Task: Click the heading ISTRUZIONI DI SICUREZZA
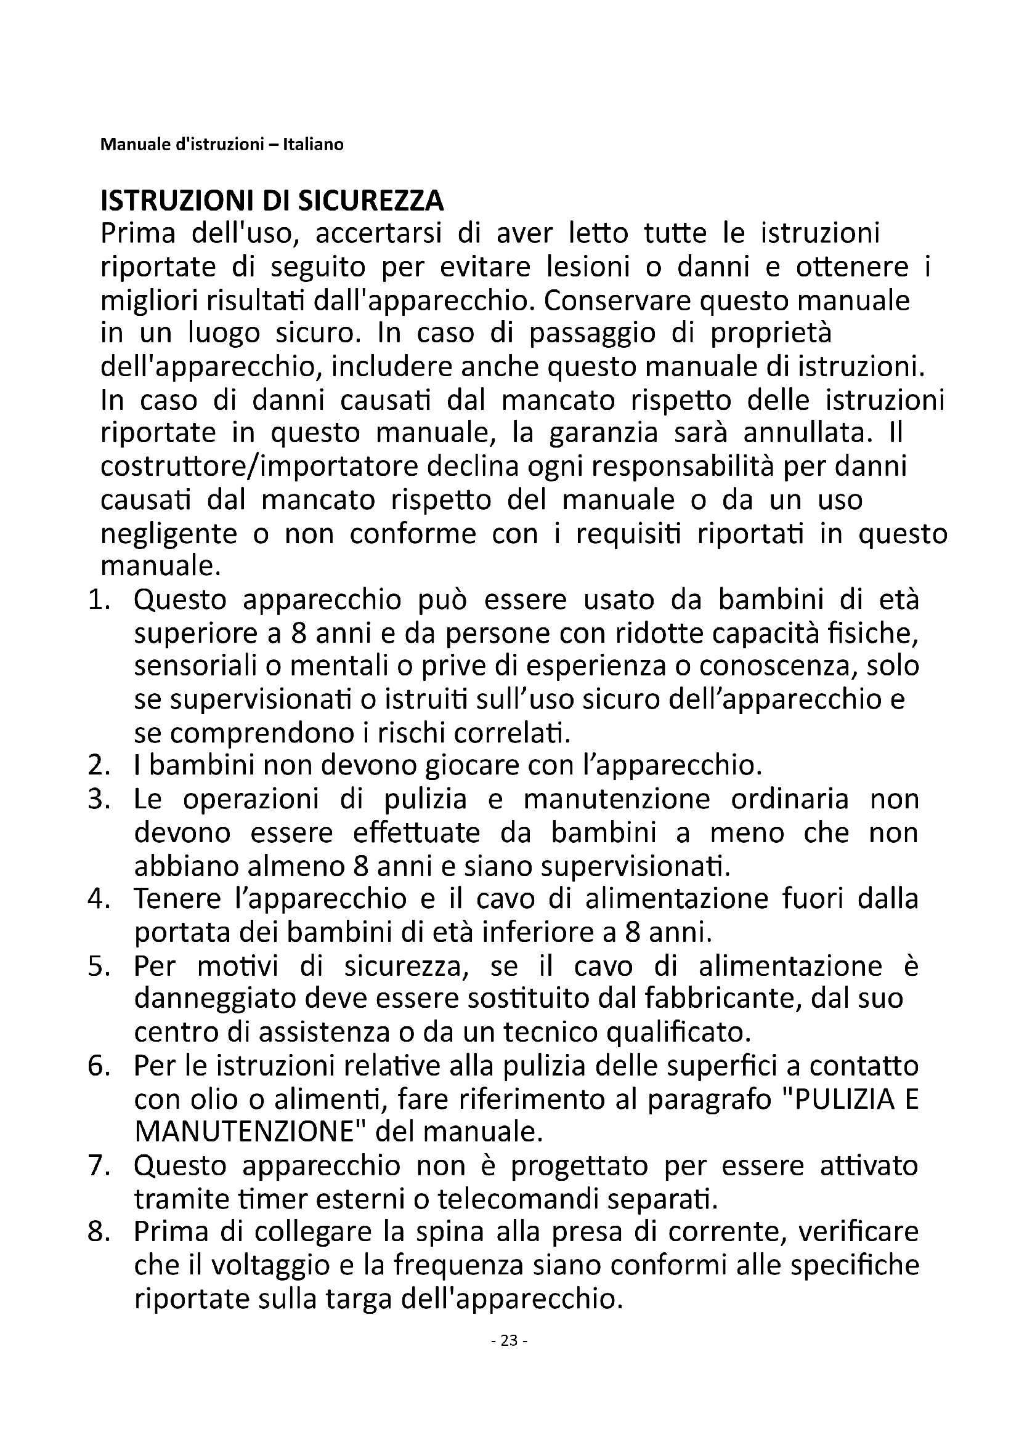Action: point(272,201)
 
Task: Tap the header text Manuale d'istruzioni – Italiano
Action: point(222,145)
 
